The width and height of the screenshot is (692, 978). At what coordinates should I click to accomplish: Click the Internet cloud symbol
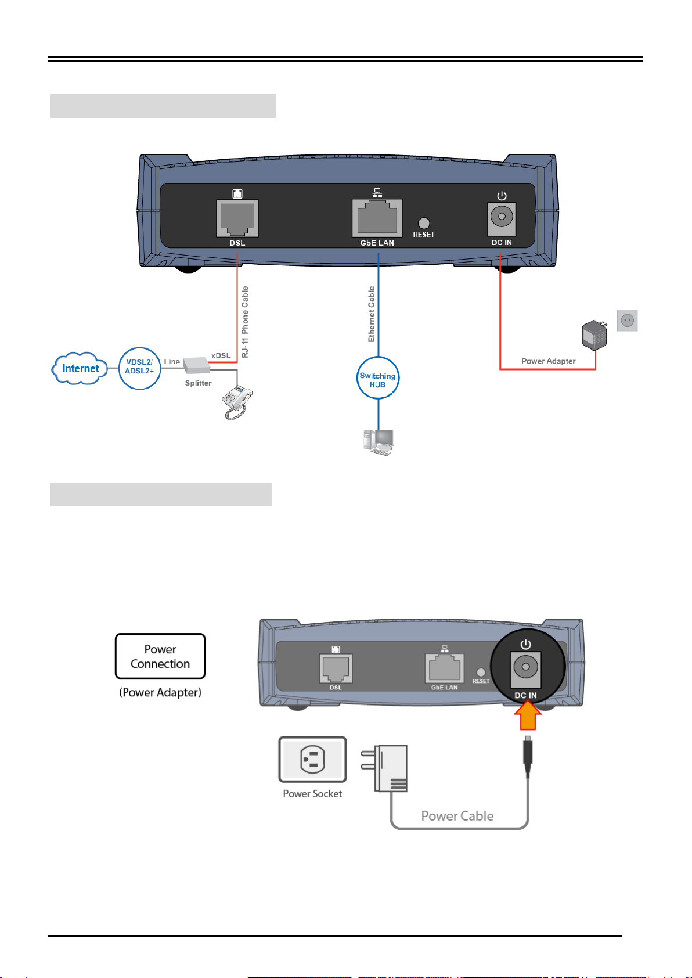pos(80,368)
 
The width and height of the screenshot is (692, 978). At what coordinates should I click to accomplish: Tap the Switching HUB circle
pos(378,380)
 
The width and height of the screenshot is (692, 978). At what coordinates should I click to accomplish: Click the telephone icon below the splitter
pos(237,402)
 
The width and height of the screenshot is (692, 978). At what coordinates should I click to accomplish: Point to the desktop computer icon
pos(378,442)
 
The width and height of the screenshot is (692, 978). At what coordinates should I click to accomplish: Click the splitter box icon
pos(196,365)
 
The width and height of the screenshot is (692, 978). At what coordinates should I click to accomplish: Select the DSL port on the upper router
pos(237,218)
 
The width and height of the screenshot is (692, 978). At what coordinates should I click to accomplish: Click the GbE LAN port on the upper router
pos(377,218)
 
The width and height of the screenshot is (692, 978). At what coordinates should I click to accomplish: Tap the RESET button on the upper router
pos(424,223)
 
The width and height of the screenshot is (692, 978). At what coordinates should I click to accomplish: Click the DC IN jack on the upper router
pos(502,218)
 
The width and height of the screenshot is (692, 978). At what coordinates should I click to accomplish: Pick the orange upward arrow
pos(528,716)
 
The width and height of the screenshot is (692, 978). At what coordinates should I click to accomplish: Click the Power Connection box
pos(160,656)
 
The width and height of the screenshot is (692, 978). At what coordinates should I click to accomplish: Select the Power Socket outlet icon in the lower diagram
pos(312,760)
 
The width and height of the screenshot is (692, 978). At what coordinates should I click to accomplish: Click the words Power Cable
pos(457,816)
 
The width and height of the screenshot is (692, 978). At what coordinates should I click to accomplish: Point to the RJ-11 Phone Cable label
pos(245,322)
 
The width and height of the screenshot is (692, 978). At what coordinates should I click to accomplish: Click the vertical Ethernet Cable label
pos(372,314)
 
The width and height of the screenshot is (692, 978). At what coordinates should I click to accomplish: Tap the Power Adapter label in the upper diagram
pos(549,361)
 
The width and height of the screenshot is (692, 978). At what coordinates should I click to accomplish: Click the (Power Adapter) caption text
pos(160,692)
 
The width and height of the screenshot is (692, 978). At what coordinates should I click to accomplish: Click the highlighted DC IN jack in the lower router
pos(525,667)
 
